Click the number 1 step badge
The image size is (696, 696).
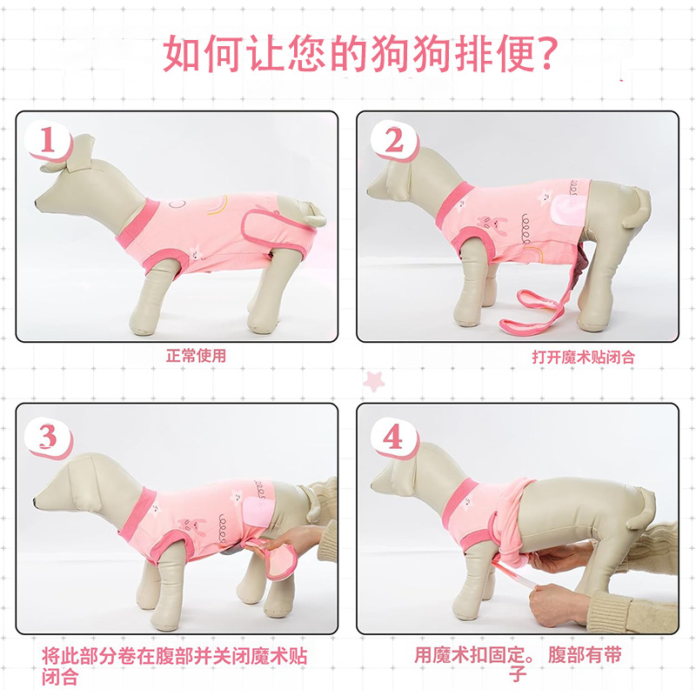48,141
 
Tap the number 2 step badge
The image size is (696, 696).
394,141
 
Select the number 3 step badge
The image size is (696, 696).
48,438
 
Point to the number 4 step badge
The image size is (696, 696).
394,438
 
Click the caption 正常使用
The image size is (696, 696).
196,356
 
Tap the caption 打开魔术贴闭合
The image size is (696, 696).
583,357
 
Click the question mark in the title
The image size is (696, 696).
546,53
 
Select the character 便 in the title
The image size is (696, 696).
515,54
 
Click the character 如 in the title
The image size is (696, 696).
182,54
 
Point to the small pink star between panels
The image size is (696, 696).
373,381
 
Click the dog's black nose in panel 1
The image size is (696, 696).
37,204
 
